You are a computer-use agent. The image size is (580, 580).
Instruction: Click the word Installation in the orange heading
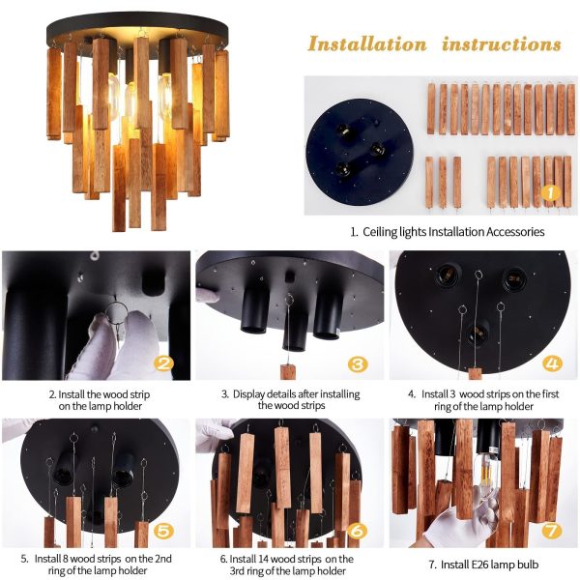pyautogui.click(x=366, y=44)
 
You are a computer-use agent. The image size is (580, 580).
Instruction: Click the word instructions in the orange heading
pyautogui.click(x=502, y=44)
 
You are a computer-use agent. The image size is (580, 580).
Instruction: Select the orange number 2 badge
pyautogui.click(x=164, y=363)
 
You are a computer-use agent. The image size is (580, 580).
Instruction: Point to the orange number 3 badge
pyautogui.click(x=359, y=363)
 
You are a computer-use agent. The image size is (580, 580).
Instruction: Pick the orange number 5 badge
pyautogui.click(x=164, y=530)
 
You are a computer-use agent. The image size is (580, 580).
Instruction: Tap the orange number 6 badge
pyautogui.click(x=359, y=530)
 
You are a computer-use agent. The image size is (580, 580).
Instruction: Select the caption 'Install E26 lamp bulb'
pyautogui.click(x=483, y=564)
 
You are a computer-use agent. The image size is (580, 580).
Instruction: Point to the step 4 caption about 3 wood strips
pyautogui.click(x=483, y=399)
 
